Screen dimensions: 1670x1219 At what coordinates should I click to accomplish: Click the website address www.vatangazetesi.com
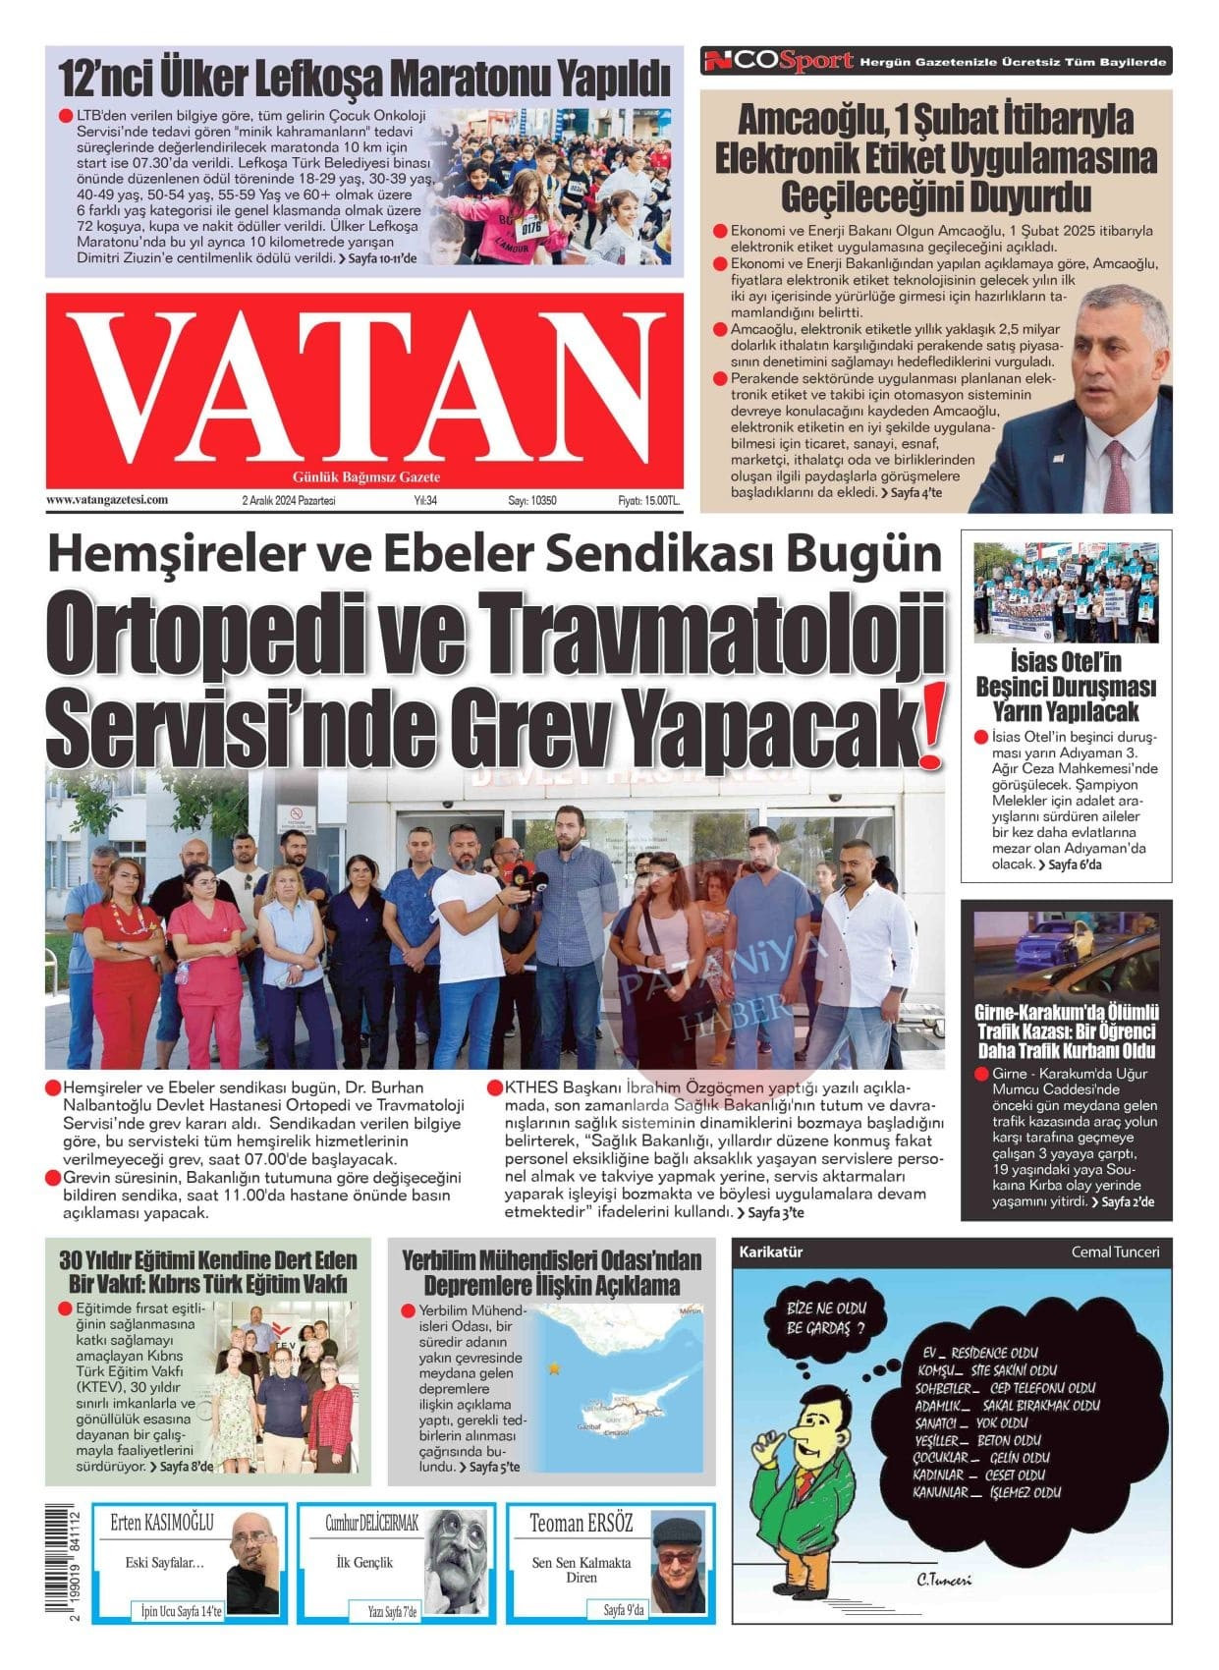[x=107, y=500]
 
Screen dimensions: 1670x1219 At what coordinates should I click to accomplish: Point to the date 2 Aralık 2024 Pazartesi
[x=289, y=501]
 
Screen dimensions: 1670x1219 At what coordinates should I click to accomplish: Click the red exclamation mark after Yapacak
[x=928, y=727]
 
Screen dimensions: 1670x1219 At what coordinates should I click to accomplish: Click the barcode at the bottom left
[x=66, y=1566]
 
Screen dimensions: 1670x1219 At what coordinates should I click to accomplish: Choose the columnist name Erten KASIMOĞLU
[x=162, y=1524]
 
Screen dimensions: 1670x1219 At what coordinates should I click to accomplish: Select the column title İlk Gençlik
[x=364, y=1562]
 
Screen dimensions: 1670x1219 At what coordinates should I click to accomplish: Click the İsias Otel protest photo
[x=1066, y=592]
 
